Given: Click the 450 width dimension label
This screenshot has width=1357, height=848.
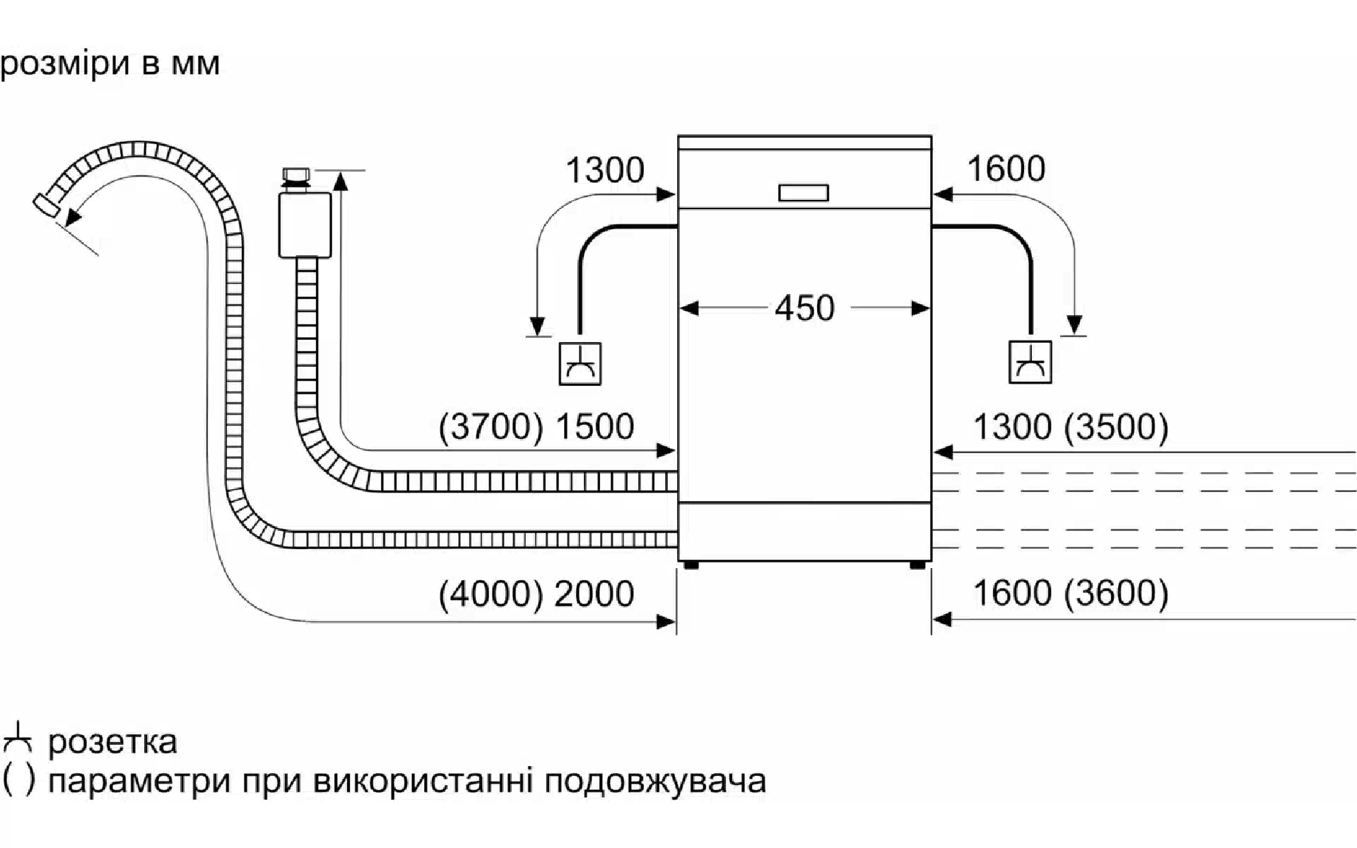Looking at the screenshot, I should tap(804, 308).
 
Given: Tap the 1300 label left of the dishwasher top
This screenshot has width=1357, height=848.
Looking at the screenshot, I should tap(605, 170).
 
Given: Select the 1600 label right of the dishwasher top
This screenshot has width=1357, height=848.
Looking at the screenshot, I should tap(1005, 169).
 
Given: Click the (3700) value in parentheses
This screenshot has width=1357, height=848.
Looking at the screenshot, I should tap(490, 427).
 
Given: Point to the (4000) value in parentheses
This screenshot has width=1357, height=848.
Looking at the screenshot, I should tap(490, 594).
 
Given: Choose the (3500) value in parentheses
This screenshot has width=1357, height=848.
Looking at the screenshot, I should tap(1116, 427).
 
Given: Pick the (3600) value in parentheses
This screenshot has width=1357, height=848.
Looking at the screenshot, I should tap(1116, 593).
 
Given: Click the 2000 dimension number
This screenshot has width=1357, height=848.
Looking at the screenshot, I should tap(594, 594).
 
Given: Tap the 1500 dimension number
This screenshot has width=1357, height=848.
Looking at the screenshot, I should tap(594, 427).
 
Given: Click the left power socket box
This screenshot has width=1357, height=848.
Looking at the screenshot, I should tap(580, 364).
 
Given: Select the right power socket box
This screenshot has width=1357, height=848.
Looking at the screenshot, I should tap(1030, 363).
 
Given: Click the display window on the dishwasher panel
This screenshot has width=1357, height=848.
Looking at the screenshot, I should tap(804, 192).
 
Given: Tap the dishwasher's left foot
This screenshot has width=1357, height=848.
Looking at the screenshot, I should tap(691, 565).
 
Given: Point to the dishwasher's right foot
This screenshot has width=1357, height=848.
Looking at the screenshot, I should tap(917, 565).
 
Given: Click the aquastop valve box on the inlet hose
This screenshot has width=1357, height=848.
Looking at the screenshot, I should tap(305, 225).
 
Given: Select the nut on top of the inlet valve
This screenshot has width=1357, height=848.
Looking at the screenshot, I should tap(295, 175).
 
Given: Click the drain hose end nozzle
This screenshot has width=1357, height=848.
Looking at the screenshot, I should tap(47, 205).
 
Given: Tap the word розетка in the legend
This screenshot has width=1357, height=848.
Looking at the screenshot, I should tap(112, 742).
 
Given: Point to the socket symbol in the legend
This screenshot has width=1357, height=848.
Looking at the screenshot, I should tap(17, 738).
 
